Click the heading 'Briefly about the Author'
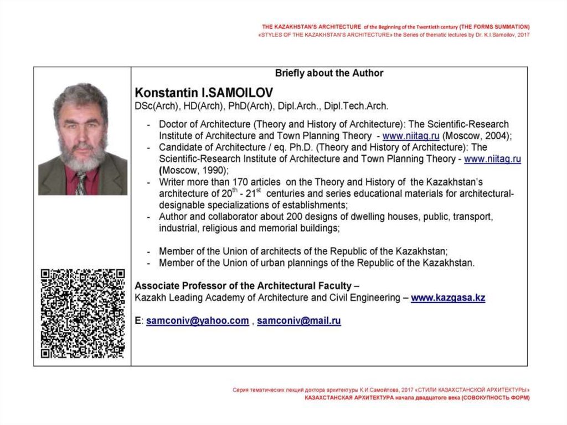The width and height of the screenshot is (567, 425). tap(329, 73)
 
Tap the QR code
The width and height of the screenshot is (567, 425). tap(83, 313)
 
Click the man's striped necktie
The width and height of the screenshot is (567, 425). tap(81, 182)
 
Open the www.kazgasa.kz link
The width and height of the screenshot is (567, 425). tap(448, 298)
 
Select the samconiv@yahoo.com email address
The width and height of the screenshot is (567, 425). tap(197, 321)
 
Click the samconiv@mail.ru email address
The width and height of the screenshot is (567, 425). tap(299, 321)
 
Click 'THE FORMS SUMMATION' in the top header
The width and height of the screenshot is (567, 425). tap(495, 27)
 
